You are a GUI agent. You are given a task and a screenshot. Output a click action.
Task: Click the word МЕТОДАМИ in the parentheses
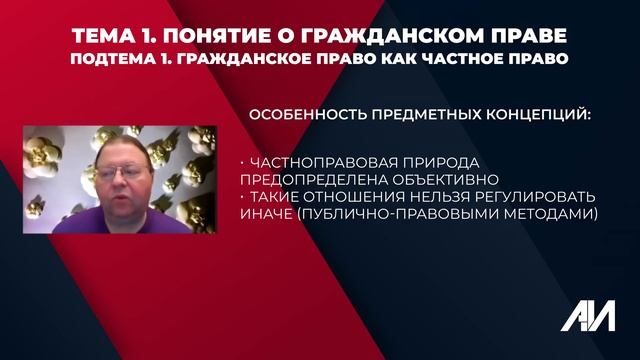pos(553,213)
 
